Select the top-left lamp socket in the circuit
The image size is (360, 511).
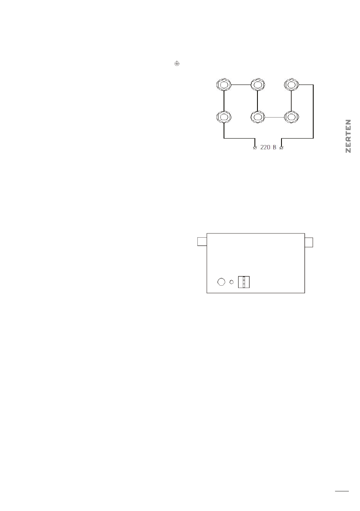pyautogui.click(x=224, y=84)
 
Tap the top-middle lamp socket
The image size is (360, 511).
pyautogui.click(x=257, y=84)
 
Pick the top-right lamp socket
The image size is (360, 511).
pyautogui.click(x=291, y=84)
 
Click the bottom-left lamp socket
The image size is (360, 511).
pyautogui.click(x=224, y=117)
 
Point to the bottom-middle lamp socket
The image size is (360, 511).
pyautogui.click(x=257, y=117)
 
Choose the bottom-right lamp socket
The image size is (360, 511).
pyautogui.click(x=291, y=117)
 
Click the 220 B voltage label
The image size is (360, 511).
pyautogui.click(x=268, y=148)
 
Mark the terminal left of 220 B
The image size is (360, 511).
pyautogui.click(x=255, y=148)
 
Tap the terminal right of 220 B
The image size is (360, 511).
pyautogui.click(x=281, y=148)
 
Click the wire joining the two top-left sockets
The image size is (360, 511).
pyautogui.click(x=240, y=84)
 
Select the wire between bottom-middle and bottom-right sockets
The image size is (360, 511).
pyautogui.click(x=274, y=117)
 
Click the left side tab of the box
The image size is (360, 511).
pyautogui.click(x=202, y=242)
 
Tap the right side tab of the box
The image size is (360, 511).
pyautogui.click(x=309, y=242)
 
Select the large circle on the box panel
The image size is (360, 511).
pyautogui.click(x=221, y=282)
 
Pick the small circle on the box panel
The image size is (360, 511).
pyautogui.click(x=232, y=282)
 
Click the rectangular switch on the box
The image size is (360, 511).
pyautogui.click(x=244, y=281)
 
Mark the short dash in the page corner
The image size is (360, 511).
pyautogui.click(x=342, y=492)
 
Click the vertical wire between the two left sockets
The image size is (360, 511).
pyautogui.click(x=224, y=100)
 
